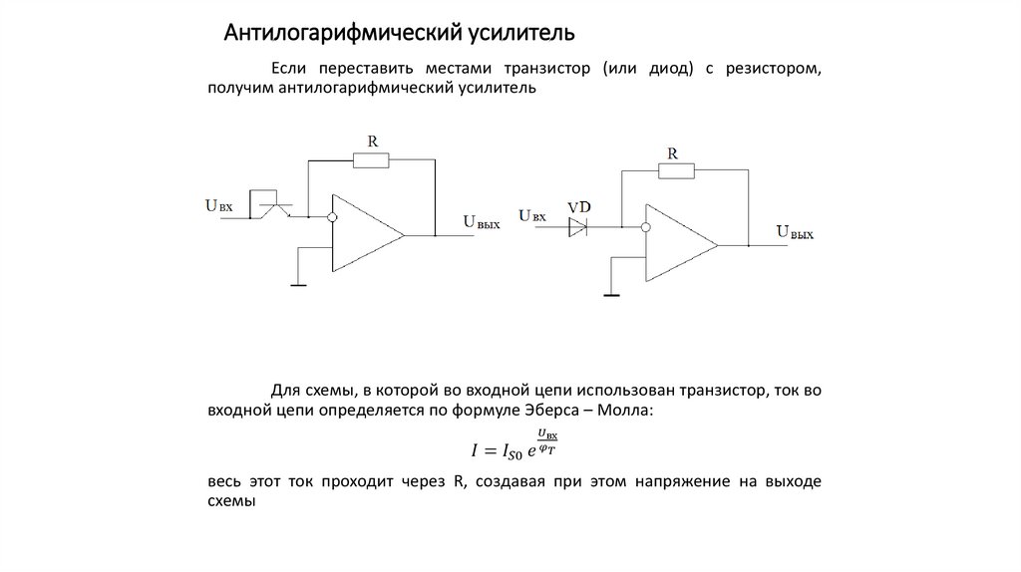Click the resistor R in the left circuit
click(x=372, y=159)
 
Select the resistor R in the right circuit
click(x=674, y=171)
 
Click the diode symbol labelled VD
click(x=578, y=228)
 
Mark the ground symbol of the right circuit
click(x=610, y=294)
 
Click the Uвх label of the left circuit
click(x=219, y=206)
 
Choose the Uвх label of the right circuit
click(x=532, y=214)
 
